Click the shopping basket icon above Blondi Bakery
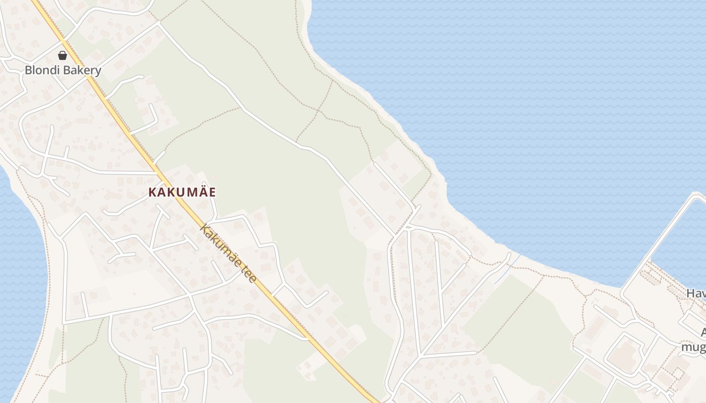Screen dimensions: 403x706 (x=63, y=55)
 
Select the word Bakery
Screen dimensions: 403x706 (x=82, y=71)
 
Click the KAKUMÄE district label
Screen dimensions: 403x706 (x=182, y=192)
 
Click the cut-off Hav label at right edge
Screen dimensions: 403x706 (x=696, y=293)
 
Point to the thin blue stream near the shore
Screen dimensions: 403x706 (x=507, y=269)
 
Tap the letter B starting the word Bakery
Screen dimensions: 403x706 (x=68, y=71)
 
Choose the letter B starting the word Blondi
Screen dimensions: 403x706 (x=28, y=71)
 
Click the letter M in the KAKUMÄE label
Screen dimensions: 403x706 (x=188, y=192)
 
